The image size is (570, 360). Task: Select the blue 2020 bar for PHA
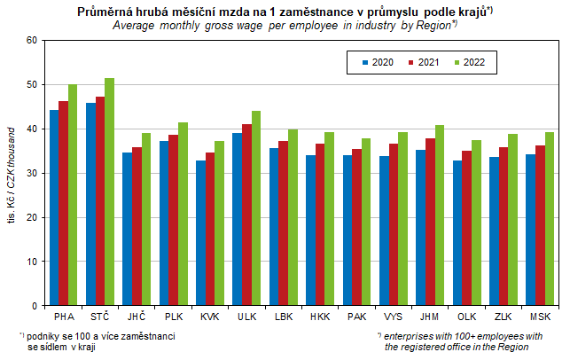click(x=54, y=207)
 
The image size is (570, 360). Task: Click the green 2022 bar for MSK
click(x=549, y=219)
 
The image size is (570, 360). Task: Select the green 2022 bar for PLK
click(x=183, y=214)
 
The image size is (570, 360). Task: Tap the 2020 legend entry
click(x=379, y=63)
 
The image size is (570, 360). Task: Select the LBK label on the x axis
click(x=282, y=317)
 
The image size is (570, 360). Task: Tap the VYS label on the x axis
click(x=391, y=317)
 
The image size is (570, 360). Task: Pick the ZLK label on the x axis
click(x=501, y=317)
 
